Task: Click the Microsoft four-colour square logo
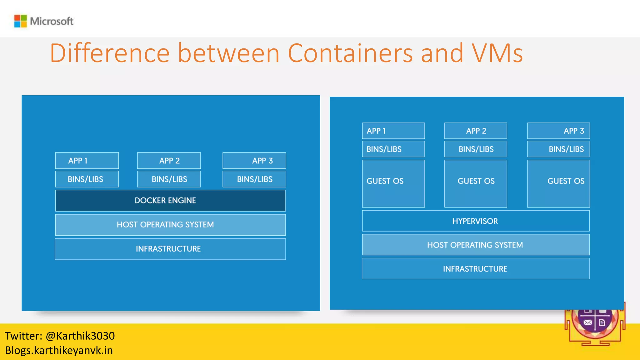pos(21,21)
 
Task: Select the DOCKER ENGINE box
pos(170,201)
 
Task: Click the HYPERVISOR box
pos(476,221)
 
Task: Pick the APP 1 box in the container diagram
pos(87,161)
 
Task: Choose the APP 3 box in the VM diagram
pos(558,131)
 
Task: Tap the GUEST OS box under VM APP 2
pos(476,183)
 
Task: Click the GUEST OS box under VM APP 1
pos(393,183)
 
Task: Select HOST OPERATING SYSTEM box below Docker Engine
pos(170,225)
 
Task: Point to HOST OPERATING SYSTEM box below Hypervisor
pos(476,245)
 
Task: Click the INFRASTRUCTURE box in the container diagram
pos(170,249)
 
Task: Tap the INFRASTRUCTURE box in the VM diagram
pos(476,269)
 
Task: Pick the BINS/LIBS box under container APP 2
pos(169,179)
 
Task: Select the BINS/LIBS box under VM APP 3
pos(558,149)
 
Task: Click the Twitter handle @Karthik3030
pos(80,336)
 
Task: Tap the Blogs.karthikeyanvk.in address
pos(59,350)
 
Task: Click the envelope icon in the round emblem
pos(587,322)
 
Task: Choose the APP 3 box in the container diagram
pos(254,161)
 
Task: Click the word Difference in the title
pos(109,53)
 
